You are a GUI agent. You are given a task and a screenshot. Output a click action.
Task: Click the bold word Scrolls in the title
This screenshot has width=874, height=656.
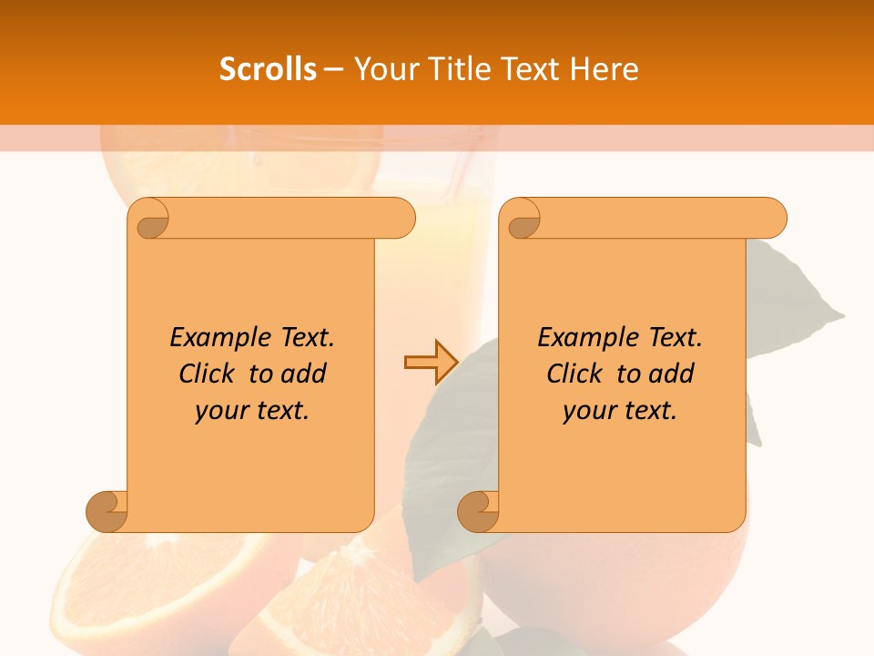point(268,69)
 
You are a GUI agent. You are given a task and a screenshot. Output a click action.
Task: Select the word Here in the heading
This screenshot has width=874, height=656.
point(605,69)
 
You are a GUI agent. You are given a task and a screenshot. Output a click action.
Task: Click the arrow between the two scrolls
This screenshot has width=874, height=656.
point(431,363)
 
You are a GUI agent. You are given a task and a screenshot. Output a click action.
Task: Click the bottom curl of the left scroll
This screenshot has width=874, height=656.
point(107,511)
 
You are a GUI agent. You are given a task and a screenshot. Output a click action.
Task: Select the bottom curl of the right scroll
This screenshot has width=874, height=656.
point(479,511)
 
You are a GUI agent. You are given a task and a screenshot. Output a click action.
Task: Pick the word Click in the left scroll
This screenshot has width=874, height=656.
point(207,374)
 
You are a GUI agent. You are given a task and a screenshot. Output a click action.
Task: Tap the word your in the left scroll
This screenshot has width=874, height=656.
point(218,411)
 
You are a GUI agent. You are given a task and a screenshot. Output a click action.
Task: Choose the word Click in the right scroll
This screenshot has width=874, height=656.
point(574,374)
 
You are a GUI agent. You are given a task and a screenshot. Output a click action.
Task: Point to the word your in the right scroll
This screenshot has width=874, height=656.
point(586,411)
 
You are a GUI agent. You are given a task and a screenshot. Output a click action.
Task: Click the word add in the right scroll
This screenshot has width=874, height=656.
point(673,374)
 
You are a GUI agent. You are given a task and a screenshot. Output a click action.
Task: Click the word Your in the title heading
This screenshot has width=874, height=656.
point(384,69)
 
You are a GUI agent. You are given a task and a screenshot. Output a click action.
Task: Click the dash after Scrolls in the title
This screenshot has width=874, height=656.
point(334,69)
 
